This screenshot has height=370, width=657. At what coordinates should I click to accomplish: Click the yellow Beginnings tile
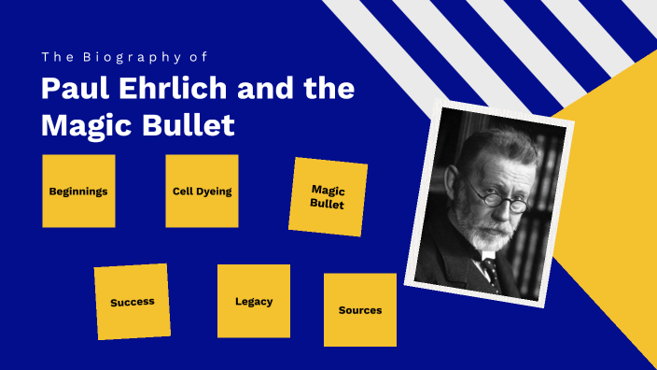click(78, 191)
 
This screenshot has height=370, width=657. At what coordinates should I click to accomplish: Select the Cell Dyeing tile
click(202, 191)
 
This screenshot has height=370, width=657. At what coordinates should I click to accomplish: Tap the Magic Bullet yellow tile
click(328, 196)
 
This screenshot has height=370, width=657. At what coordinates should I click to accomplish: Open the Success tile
click(132, 302)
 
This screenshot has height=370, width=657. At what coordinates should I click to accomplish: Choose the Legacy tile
click(254, 301)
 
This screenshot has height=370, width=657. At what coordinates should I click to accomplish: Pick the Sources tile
click(360, 309)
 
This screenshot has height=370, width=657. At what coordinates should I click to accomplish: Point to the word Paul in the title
click(69, 90)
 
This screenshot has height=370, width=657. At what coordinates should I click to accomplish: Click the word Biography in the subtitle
click(112, 57)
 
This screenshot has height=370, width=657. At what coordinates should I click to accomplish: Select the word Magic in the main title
click(81, 124)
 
